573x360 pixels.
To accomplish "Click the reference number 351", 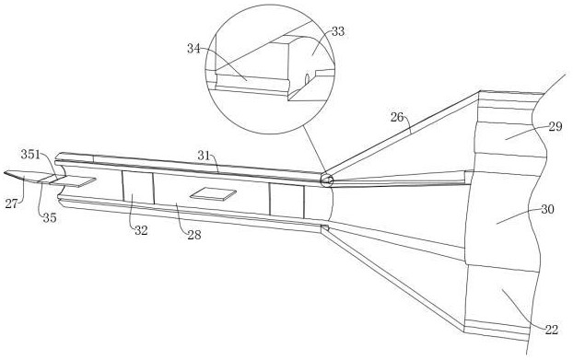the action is (x=30, y=155).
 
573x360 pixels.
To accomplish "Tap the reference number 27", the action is (x=11, y=203).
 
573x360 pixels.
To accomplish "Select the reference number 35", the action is (x=50, y=218).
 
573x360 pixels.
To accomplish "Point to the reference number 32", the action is (x=141, y=230).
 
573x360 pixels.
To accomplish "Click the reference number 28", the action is (x=194, y=235).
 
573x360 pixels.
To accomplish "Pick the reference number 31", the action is (x=205, y=156).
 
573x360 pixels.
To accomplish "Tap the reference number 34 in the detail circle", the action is (x=193, y=48).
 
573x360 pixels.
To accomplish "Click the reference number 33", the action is (x=338, y=31).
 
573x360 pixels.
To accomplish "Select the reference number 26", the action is (x=397, y=117).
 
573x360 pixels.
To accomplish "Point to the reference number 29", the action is (x=555, y=127).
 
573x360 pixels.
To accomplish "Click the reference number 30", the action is (x=547, y=209).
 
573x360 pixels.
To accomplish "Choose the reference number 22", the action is (x=552, y=330).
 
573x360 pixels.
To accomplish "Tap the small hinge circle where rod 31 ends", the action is (x=326, y=180).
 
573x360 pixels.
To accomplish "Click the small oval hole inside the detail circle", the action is (x=307, y=77).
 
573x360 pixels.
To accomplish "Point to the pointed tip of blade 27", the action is (x=5, y=171).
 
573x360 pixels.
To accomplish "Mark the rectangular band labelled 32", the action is (x=138, y=187).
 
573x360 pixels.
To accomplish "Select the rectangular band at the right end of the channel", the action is (x=286, y=201).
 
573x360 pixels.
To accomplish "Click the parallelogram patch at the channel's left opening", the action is (x=73, y=180).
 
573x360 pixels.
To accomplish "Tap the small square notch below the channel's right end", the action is (x=325, y=228).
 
